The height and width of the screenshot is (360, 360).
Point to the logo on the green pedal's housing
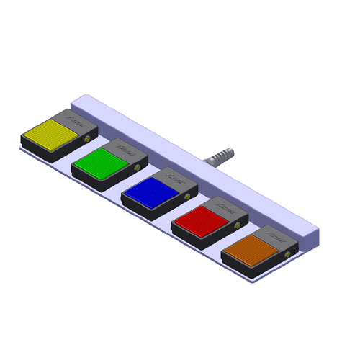pyautogui.click(x=124, y=148)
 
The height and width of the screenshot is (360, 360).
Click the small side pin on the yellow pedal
pyautogui.click(x=89, y=138)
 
